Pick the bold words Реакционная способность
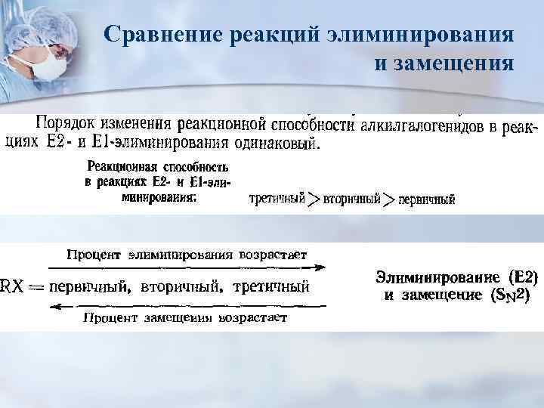click(158, 165)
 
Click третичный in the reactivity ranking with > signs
click(276, 199)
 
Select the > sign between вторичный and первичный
click(388, 199)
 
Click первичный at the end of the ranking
click(427, 200)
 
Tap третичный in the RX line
click(273, 286)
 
